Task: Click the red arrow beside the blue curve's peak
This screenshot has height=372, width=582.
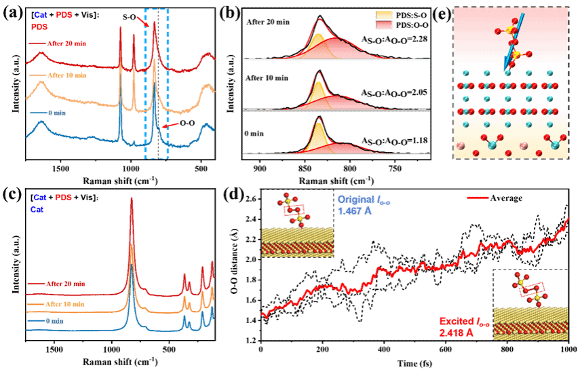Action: pos(172,126)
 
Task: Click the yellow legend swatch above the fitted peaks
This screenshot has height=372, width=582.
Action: pos(384,14)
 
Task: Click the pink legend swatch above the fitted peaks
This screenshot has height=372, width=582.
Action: pos(384,24)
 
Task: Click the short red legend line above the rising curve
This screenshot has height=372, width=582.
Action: pos(478,198)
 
